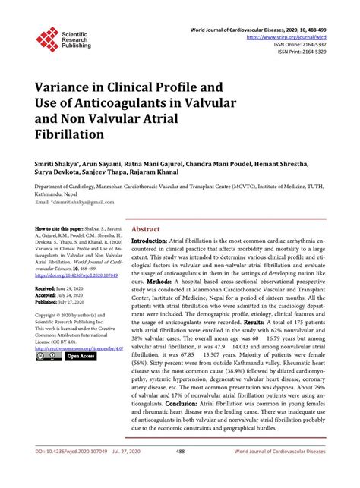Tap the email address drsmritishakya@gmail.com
click(81, 203)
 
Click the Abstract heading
click(145, 228)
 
